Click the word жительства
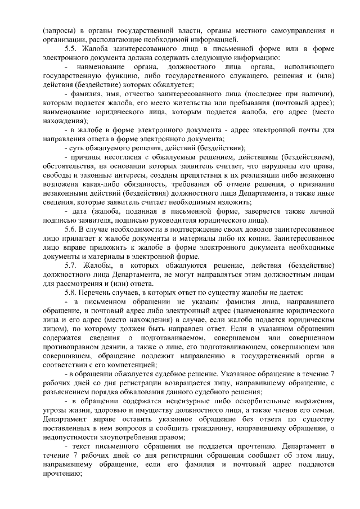click(214, 104)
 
